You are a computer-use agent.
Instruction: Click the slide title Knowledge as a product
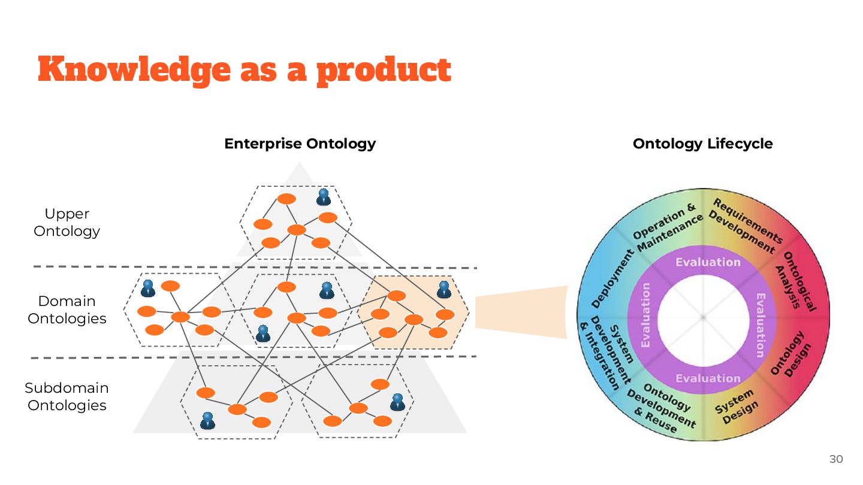tap(244, 69)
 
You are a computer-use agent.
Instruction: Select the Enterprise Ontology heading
tap(300, 144)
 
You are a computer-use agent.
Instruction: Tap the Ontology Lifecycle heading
tap(702, 144)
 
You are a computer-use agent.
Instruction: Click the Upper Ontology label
tap(67, 222)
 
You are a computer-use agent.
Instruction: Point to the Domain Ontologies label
tap(67, 310)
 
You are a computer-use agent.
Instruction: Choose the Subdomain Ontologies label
tap(67, 396)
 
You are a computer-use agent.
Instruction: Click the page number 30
tap(835, 459)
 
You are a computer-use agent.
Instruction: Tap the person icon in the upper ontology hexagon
tap(324, 197)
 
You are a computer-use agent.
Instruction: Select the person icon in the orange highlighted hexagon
tap(443, 290)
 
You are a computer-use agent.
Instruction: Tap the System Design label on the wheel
tap(737, 407)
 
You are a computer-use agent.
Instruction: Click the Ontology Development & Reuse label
tap(661, 409)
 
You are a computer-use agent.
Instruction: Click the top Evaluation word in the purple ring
tap(708, 262)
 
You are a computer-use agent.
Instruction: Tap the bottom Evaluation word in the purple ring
tap(708, 378)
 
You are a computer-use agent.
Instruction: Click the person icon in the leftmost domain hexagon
tap(148, 289)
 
